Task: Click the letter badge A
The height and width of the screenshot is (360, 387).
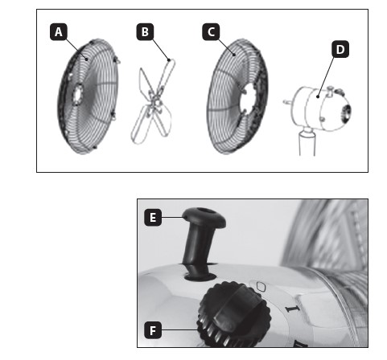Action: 59,32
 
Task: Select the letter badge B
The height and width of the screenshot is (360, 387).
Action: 145,32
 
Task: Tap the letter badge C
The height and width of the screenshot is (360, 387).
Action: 211,32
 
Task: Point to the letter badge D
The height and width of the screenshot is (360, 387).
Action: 340,49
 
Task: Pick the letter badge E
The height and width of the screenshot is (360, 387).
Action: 153,217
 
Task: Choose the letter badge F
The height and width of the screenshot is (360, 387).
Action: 153,330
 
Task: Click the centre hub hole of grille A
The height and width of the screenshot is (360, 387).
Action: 78,95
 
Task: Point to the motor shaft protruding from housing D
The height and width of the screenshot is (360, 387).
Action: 287,101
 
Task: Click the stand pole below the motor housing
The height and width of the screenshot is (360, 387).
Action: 307,142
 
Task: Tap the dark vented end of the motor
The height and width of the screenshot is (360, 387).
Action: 345,114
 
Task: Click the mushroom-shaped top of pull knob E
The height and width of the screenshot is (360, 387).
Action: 204,217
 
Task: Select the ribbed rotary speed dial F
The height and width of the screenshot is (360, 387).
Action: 234,314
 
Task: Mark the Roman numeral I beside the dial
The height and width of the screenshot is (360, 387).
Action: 293,309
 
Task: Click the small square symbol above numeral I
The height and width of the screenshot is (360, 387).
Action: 261,287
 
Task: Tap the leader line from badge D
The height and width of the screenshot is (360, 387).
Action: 326,76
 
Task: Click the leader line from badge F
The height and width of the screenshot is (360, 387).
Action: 179,330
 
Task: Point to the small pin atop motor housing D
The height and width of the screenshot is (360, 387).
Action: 330,90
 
